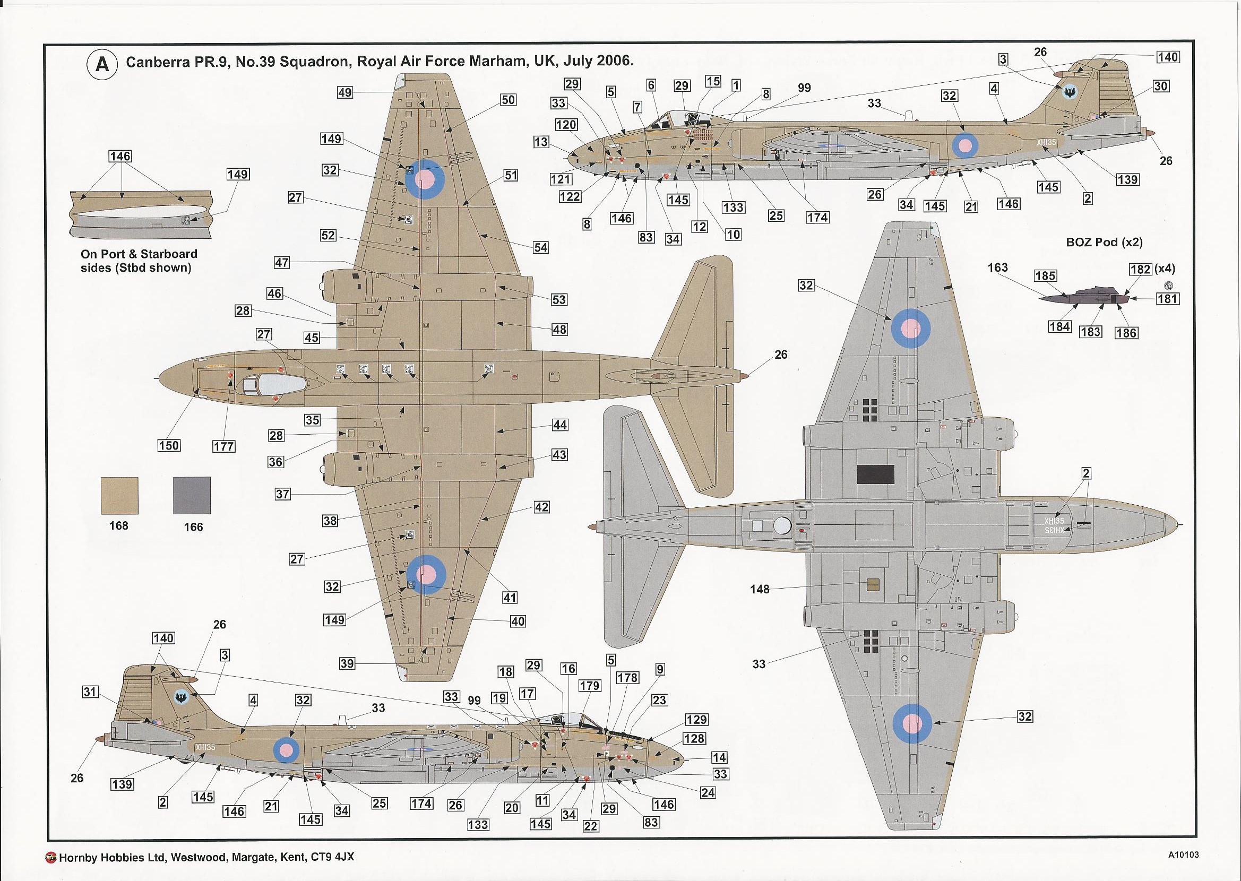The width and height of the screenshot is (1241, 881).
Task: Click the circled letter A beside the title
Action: (x=101, y=65)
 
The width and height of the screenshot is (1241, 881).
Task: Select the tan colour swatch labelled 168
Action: (x=119, y=495)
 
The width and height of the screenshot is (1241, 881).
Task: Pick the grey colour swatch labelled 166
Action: (x=192, y=495)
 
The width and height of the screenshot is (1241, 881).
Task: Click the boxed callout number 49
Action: (x=344, y=93)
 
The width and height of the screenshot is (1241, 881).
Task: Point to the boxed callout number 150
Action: (x=169, y=445)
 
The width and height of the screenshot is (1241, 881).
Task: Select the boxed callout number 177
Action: (x=223, y=446)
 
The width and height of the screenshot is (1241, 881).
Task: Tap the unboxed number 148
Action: (x=760, y=589)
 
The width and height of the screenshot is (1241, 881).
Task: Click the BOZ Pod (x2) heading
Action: (x=1104, y=243)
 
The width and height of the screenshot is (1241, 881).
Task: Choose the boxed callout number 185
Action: (x=1045, y=275)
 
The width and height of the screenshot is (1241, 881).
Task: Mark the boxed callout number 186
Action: (x=1126, y=333)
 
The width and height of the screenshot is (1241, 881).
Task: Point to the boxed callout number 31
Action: (x=91, y=692)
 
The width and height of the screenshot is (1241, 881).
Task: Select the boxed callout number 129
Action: (x=696, y=720)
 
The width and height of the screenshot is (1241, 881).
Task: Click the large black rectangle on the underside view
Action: (x=875, y=474)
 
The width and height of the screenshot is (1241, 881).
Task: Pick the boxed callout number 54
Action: (x=540, y=247)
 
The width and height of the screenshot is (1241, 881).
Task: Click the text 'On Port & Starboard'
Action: (x=139, y=254)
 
